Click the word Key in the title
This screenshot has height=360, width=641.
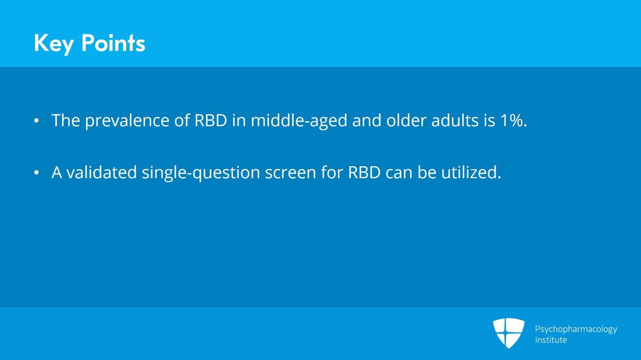coord(54,44)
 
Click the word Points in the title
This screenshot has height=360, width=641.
coord(113,43)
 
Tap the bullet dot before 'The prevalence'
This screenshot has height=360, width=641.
coord(36,121)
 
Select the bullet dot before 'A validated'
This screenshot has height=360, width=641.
coord(36,173)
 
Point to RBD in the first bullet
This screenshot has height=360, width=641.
coord(211,121)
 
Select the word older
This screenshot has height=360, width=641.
coord(406,120)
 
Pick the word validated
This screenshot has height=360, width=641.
coord(102,172)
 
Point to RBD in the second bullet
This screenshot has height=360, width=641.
coord(364,173)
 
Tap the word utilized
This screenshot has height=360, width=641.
coord(471,172)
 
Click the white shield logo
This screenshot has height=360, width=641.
coord(509,333)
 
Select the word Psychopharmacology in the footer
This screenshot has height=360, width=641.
coord(576,330)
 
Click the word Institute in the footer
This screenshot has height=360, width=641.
coord(551,340)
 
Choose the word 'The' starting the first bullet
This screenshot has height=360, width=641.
coord(66,121)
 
